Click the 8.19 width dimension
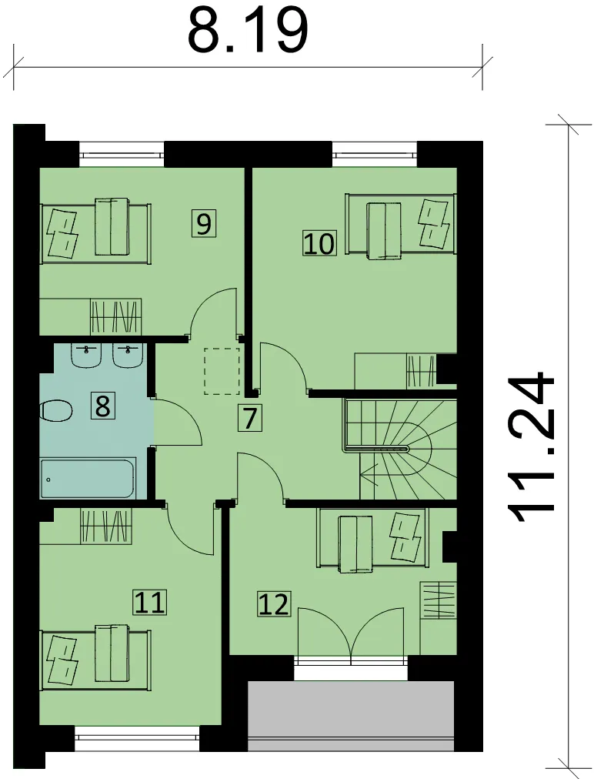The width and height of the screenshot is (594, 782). [248, 31]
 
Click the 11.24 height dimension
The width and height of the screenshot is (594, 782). [531, 447]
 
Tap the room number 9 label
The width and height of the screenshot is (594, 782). [203, 223]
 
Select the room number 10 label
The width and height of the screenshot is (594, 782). [319, 243]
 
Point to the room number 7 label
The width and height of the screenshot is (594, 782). [250, 418]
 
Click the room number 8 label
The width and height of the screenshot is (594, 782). [102, 406]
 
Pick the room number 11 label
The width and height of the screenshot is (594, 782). [149, 602]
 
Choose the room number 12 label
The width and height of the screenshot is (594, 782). [274, 603]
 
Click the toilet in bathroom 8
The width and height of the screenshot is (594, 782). [56, 411]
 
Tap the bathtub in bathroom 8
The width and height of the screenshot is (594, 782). [87, 478]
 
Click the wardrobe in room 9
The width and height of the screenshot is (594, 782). [115, 316]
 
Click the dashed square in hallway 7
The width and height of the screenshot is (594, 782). [222, 371]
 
